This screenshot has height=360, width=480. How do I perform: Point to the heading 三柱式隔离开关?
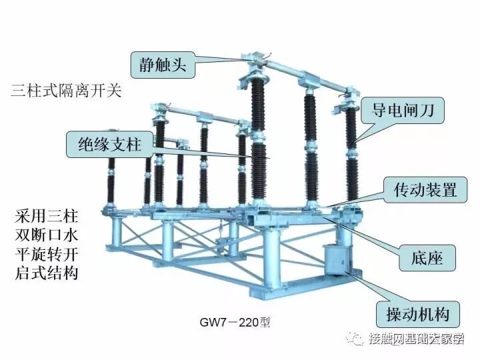(67, 91)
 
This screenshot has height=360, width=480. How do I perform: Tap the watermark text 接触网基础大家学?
(417, 339)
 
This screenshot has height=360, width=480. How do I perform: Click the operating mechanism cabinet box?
(337, 261)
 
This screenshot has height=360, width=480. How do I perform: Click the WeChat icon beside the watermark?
(360, 339)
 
